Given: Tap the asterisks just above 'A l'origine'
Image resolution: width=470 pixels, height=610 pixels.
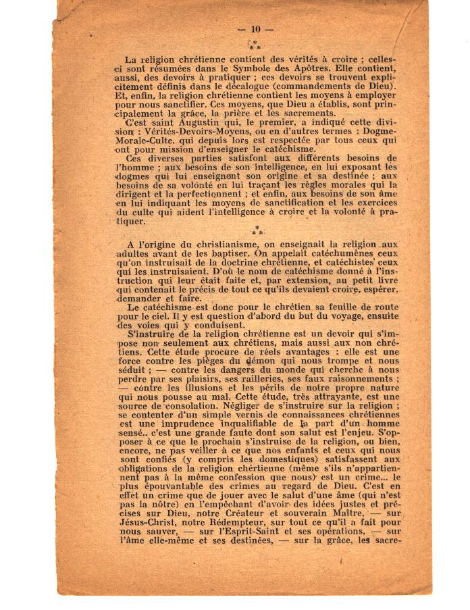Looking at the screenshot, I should point(256,232).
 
